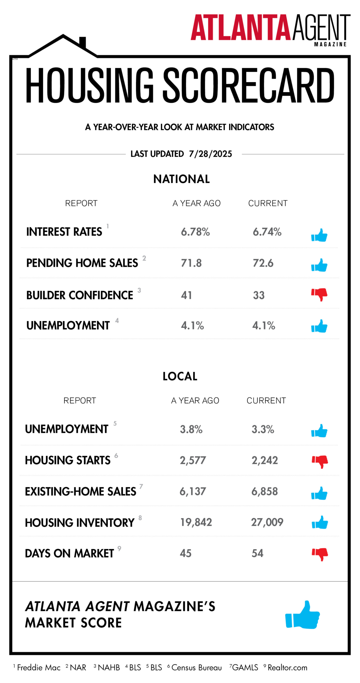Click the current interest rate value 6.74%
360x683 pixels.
pyautogui.click(x=267, y=232)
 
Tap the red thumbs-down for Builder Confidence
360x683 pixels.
pyautogui.click(x=319, y=294)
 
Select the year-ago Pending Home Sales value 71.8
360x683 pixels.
pyautogui.click(x=191, y=263)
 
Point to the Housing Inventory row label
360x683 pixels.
pyautogui.click(x=80, y=523)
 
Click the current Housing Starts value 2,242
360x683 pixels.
pyautogui.click(x=265, y=461)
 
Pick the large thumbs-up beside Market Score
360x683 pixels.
pyautogui.click(x=303, y=615)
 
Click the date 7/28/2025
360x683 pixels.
pyautogui.click(x=210, y=154)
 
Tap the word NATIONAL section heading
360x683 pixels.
pyautogui.click(x=181, y=179)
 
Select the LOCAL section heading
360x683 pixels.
pyautogui.click(x=180, y=376)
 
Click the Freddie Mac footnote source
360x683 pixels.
pyautogui.click(x=39, y=668)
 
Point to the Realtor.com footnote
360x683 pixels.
pyautogui.click(x=287, y=668)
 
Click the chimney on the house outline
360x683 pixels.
pyautogui.click(x=83, y=42)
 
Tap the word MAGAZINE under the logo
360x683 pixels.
pyautogui.click(x=330, y=44)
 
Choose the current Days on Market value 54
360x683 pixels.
pyautogui.click(x=257, y=553)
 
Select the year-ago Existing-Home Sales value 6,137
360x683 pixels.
pyautogui.click(x=193, y=492)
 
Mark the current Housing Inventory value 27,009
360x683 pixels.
pyautogui.click(x=267, y=522)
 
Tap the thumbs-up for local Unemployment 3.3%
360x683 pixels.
pyautogui.click(x=319, y=431)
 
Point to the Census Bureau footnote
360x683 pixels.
pyautogui.click(x=196, y=668)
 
